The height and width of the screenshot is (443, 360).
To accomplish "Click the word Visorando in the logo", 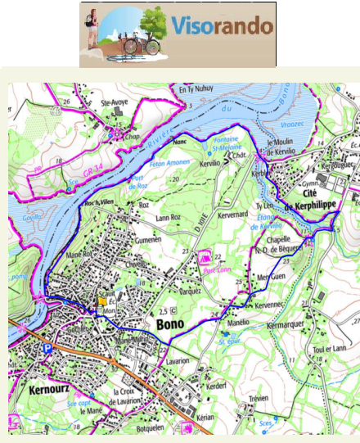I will [x=222, y=26].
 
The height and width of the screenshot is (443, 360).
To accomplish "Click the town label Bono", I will [x=170, y=324].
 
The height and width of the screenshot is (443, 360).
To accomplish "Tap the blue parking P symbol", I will [x=47, y=348].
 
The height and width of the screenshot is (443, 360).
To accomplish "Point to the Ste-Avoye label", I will [x=115, y=102].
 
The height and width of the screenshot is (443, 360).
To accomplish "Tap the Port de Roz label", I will [x=137, y=183].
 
